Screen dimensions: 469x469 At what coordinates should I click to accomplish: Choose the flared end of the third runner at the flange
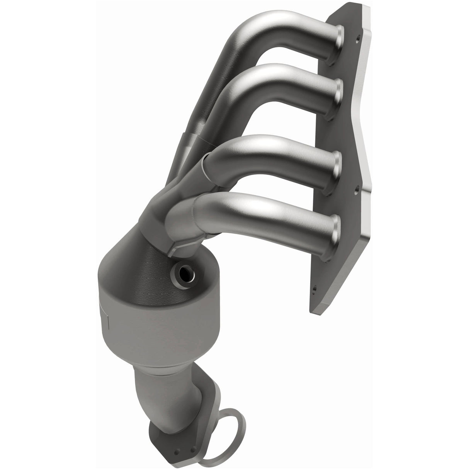pyautogui.click(x=338, y=170)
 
